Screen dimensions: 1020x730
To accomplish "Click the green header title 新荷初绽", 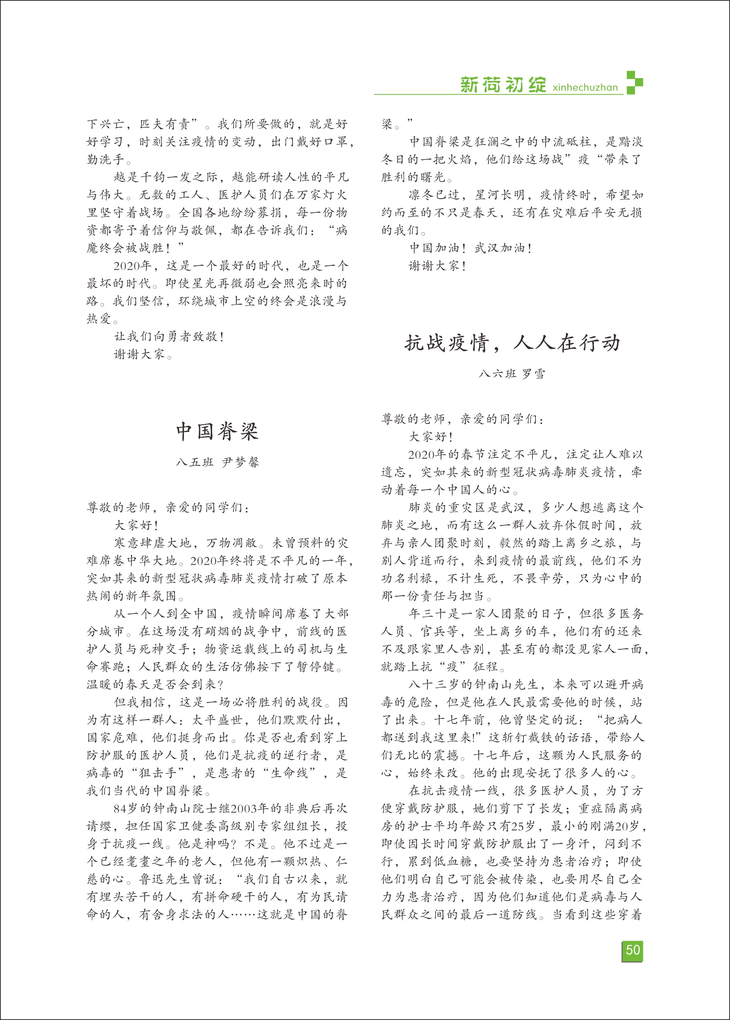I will pyautogui.click(x=503, y=85).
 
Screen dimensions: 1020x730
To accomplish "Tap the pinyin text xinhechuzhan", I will pyautogui.click(x=585, y=87).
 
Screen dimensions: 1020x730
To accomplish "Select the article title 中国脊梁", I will pyautogui.click(x=217, y=432).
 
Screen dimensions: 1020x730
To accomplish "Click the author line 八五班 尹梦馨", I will pyautogui.click(x=217, y=462).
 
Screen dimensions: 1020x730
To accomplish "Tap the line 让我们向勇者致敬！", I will pyautogui.click(x=169, y=337).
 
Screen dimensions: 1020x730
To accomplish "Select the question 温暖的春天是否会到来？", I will pyautogui.click(x=155, y=685).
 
